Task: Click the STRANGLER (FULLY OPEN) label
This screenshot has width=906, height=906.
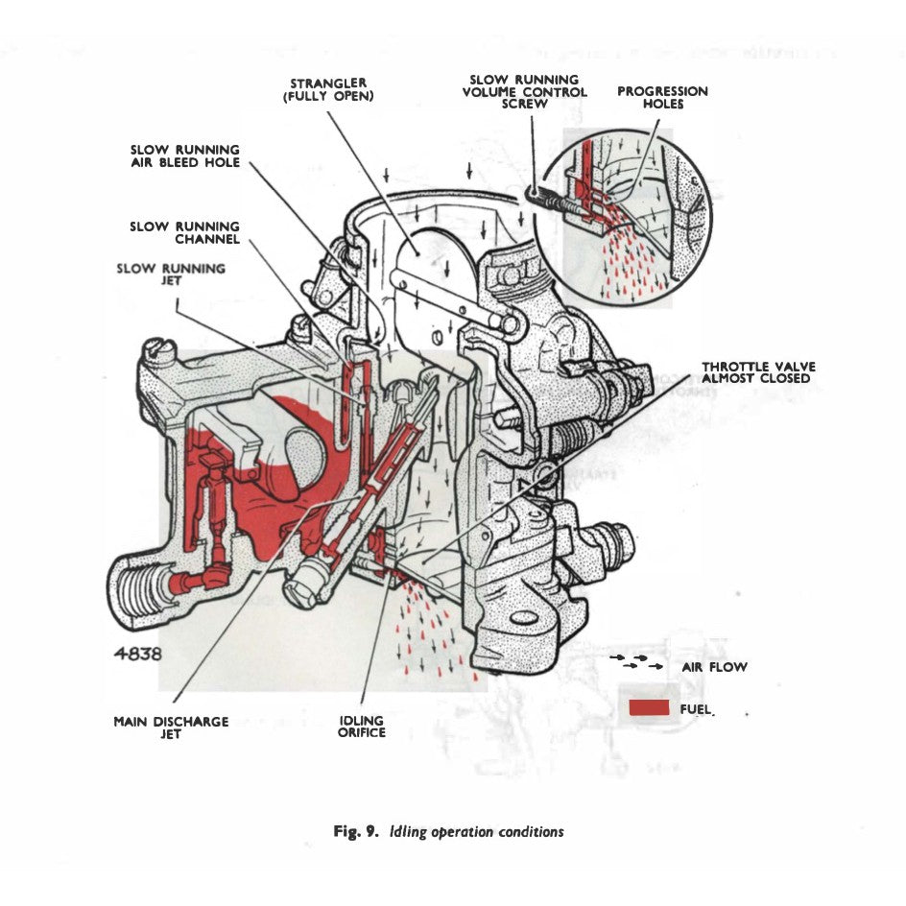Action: click(x=328, y=90)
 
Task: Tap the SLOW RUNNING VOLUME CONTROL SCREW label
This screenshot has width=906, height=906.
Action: click(x=524, y=91)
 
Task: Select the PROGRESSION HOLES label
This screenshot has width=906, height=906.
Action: click(x=662, y=97)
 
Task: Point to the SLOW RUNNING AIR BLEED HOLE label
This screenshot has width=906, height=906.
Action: click(x=185, y=156)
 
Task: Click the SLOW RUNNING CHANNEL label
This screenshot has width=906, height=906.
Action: click(x=185, y=232)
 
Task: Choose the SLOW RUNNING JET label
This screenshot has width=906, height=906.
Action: click(x=171, y=274)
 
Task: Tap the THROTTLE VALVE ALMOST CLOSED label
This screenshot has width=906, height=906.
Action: click(x=755, y=372)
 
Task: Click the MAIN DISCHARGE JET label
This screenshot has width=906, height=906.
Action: click(x=171, y=727)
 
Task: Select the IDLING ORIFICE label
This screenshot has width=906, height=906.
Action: click(x=362, y=727)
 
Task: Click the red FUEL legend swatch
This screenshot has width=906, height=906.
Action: click(x=650, y=708)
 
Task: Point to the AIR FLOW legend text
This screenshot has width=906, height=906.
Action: click(x=714, y=666)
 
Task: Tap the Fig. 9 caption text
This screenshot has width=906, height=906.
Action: click(x=447, y=831)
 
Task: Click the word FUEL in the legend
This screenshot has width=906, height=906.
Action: click(x=698, y=709)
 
